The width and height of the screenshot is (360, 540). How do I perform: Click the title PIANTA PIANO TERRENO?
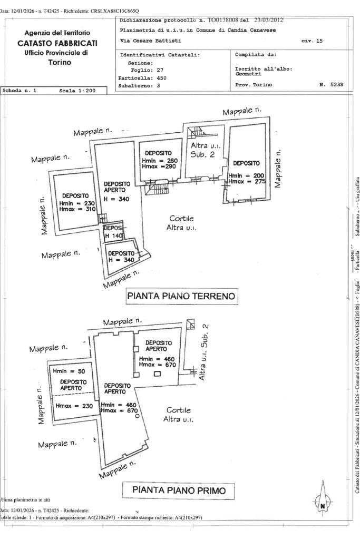click(x=181, y=296)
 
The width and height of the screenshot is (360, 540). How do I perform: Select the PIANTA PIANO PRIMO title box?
click(x=178, y=490)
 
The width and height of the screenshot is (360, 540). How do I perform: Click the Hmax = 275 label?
click(x=247, y=181)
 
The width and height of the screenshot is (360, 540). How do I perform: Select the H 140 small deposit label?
click(x=113, y=236)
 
